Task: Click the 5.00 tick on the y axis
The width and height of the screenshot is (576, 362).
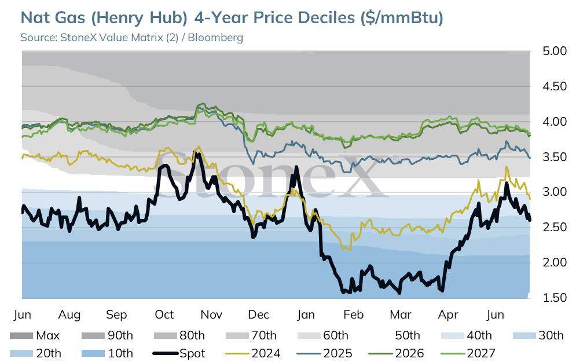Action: point(555,51)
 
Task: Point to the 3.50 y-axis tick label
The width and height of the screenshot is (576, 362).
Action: point(555,157)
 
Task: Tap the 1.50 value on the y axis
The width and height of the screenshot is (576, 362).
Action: point(555,298)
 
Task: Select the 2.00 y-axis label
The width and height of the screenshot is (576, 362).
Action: point(555,262)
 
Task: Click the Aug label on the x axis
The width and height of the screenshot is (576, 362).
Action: point(69,315)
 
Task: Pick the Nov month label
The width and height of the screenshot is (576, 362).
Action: point(212,315)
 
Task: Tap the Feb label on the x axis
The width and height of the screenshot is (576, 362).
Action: point(353,315)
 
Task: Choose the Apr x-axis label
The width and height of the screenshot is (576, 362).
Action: point(448,315)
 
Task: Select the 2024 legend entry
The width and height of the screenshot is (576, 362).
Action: point(252,353)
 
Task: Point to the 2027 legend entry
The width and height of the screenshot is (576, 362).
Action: point(468,353)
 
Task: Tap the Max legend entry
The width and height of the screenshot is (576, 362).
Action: point(35,335)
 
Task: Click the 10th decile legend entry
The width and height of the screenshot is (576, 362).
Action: point(107,353)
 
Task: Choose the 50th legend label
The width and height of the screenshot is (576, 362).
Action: point(408,335)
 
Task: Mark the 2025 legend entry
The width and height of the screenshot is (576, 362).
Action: point(324,353)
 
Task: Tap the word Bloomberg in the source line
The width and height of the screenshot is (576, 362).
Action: point(215,38)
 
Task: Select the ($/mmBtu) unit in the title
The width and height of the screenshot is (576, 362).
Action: point(402,18)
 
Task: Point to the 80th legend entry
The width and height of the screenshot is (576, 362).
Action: point(179,335)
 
